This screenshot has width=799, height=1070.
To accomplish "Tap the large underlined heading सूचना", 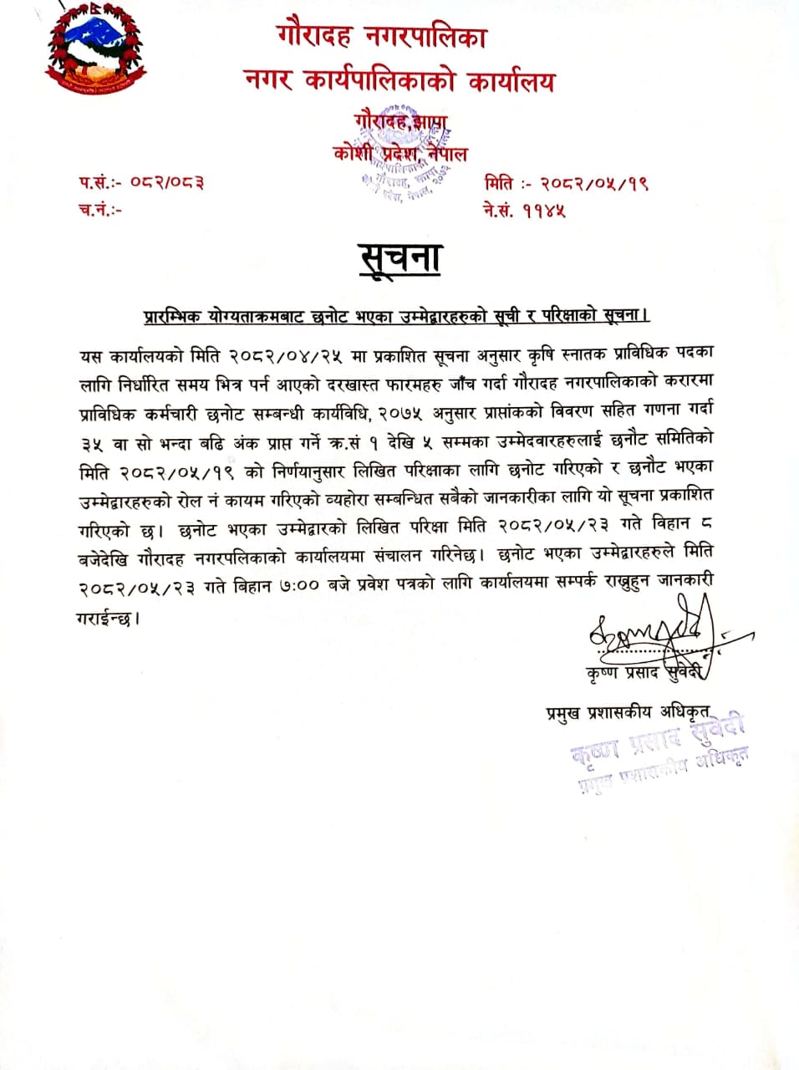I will [400, 258].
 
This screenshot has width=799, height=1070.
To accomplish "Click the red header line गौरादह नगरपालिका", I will [382, 37].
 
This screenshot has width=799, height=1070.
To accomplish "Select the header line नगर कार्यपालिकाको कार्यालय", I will [399, 81].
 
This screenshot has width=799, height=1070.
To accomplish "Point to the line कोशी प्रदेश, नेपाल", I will [400, 154].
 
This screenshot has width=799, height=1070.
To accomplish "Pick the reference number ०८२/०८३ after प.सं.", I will [167, 183].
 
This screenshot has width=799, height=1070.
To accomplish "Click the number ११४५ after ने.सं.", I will [545, 210].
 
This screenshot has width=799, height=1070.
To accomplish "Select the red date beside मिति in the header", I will [594, 183].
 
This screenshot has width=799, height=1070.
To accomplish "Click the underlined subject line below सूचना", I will [396, 315].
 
